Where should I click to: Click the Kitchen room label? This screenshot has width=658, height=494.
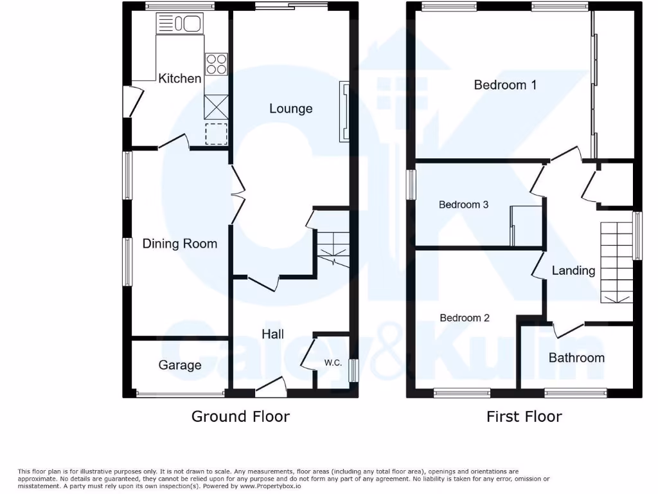click(x=180, y=78)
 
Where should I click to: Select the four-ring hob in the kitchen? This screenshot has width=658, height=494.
click(x=217, y=64)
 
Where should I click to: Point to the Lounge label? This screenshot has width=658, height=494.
click(x=290, y=109)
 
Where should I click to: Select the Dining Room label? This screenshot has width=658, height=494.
click(x=179, y=243)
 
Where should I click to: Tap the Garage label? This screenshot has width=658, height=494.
click(x=180, y=365)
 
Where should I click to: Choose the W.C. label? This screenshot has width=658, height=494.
click(x=332, y=363)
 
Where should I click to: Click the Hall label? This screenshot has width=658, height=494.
click(x=272, y=334)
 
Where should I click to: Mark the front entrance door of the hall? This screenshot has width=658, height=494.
click(x=271, y=384)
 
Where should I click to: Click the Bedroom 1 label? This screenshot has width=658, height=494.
click(x=505, y=85)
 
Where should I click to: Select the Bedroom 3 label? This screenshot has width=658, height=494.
click(x=463, y=205)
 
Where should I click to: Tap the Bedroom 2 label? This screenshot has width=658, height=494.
click(x=465, y=318)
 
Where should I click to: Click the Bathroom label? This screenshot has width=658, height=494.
click(x=576, y=358)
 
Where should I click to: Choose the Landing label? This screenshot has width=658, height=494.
click(x=573, y=271)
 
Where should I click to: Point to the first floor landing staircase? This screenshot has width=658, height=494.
click(x=616, y=262)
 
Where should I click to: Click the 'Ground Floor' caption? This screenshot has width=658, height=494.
click(x=240, y=417)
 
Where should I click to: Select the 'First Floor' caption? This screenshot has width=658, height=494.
click(x=524, y=417)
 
